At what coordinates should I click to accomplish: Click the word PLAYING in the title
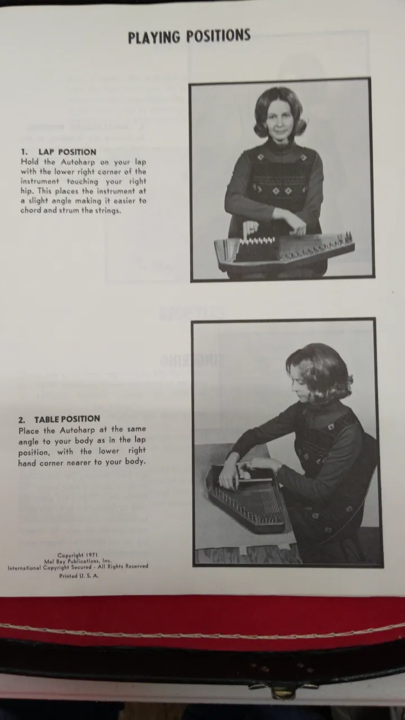point(154,37)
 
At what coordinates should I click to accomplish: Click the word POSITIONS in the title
point(219,35)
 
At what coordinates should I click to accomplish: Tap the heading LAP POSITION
point(67,152)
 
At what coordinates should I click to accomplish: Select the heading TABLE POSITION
point(67,419)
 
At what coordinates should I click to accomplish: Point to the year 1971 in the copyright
point(92,555)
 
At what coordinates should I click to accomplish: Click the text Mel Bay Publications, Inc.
point(78,561)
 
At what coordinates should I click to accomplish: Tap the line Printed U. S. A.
point(79,576)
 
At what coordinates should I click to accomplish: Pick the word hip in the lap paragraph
point(27,191)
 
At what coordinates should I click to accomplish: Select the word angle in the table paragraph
point(29,442)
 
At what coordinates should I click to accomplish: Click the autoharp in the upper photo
point(284,251)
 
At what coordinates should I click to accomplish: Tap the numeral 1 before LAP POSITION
point(23,152)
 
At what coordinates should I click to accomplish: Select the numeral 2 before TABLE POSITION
point(21,420)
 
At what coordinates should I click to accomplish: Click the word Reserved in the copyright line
point(136,566)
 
